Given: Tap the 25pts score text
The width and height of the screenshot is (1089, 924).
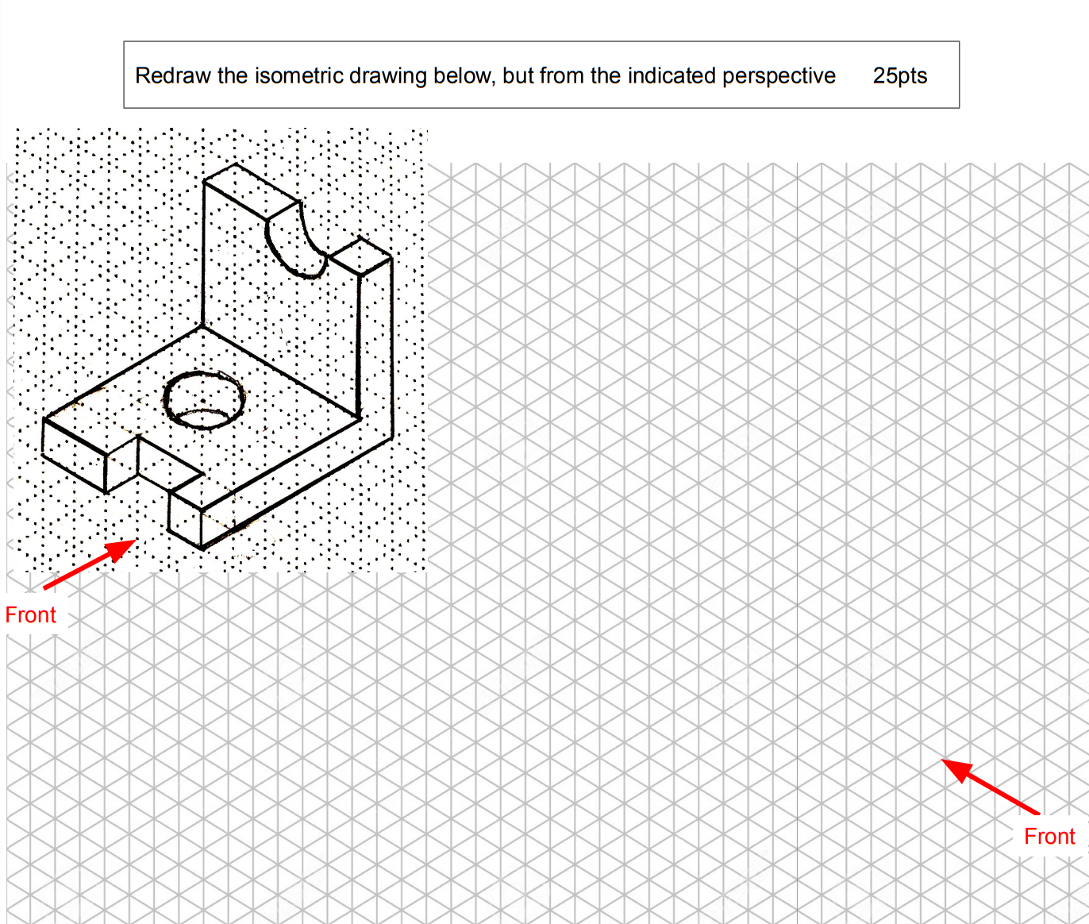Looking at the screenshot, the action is point(900,76).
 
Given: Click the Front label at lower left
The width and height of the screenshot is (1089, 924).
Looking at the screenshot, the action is point(30,615).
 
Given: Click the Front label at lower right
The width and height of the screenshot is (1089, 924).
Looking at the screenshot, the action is point(1049,836).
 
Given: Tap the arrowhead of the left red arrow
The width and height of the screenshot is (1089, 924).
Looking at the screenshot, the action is point(123,547).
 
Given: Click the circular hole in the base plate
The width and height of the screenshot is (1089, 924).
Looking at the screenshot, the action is point(204,399).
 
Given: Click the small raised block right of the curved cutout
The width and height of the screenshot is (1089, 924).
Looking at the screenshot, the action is point(360,256).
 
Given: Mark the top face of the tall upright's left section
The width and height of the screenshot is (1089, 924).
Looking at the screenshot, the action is point(251,190).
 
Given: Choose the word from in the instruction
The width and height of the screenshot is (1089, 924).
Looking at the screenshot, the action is point(562,76).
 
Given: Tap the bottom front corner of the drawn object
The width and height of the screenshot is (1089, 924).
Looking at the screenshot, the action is point(202,547).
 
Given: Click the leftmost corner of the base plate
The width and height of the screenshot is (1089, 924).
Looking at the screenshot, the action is point(44,419).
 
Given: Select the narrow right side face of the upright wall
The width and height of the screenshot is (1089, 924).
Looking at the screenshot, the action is point(376,349).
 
